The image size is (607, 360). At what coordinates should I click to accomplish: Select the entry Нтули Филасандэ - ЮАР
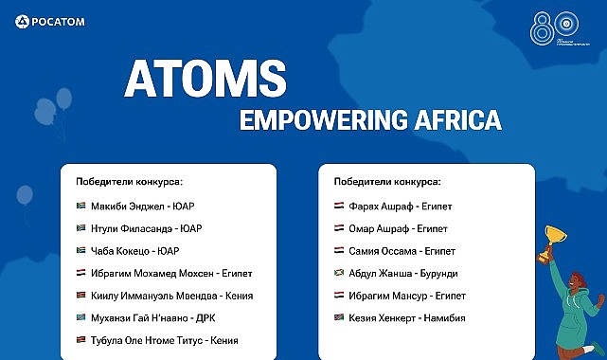146,228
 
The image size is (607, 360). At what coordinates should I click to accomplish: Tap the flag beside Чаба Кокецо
80,251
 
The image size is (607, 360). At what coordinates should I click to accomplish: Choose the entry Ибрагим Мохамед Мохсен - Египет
170,273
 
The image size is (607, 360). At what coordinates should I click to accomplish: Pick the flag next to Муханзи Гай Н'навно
80,318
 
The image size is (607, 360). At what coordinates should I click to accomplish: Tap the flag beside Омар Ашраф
339,228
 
